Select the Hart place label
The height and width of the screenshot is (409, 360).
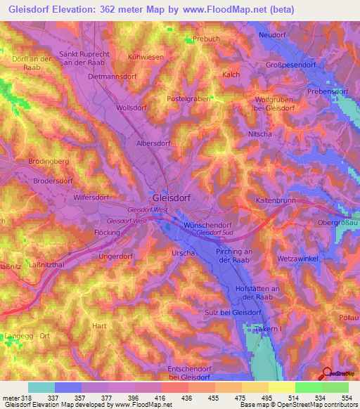(100, 326)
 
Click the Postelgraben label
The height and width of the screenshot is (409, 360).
(188, 99)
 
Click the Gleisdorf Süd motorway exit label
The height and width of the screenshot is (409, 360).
(215, 233)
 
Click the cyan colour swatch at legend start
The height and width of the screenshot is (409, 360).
(41, 387)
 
